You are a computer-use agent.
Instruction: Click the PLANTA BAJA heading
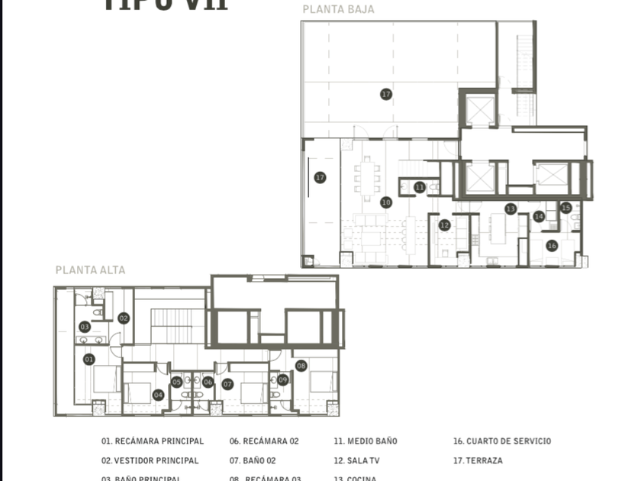(x=338, y=10)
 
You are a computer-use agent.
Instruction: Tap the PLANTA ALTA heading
(x=90, y=270)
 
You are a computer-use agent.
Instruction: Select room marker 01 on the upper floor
(x=89, y=359)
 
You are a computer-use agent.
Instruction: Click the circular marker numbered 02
(x=124, y=318)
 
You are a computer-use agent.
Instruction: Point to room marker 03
(x=85, y=327)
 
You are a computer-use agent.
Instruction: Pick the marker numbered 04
(x=158, y=395)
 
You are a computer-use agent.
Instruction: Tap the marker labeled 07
(x=227, y=384)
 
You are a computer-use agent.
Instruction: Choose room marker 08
(x=301, y=366)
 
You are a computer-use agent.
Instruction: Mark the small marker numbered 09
(x=283, y=379)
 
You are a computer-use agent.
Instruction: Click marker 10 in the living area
(x=386, y=202)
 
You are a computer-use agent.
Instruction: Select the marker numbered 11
(x=420, y=187)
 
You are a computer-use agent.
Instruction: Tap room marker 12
(x=444, y=225)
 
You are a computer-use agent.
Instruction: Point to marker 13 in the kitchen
(x=511, y=208)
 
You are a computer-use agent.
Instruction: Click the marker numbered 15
(x=566, y=208)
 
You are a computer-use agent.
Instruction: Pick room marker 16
(x=552, y=245)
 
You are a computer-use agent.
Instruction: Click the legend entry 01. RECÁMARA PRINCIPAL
(x=153, y=441)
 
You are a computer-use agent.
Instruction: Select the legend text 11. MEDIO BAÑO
(x=365, y=441)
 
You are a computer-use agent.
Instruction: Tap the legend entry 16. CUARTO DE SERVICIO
(x=501, y=441)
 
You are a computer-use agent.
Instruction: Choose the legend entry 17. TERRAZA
(x=478, y=460)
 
